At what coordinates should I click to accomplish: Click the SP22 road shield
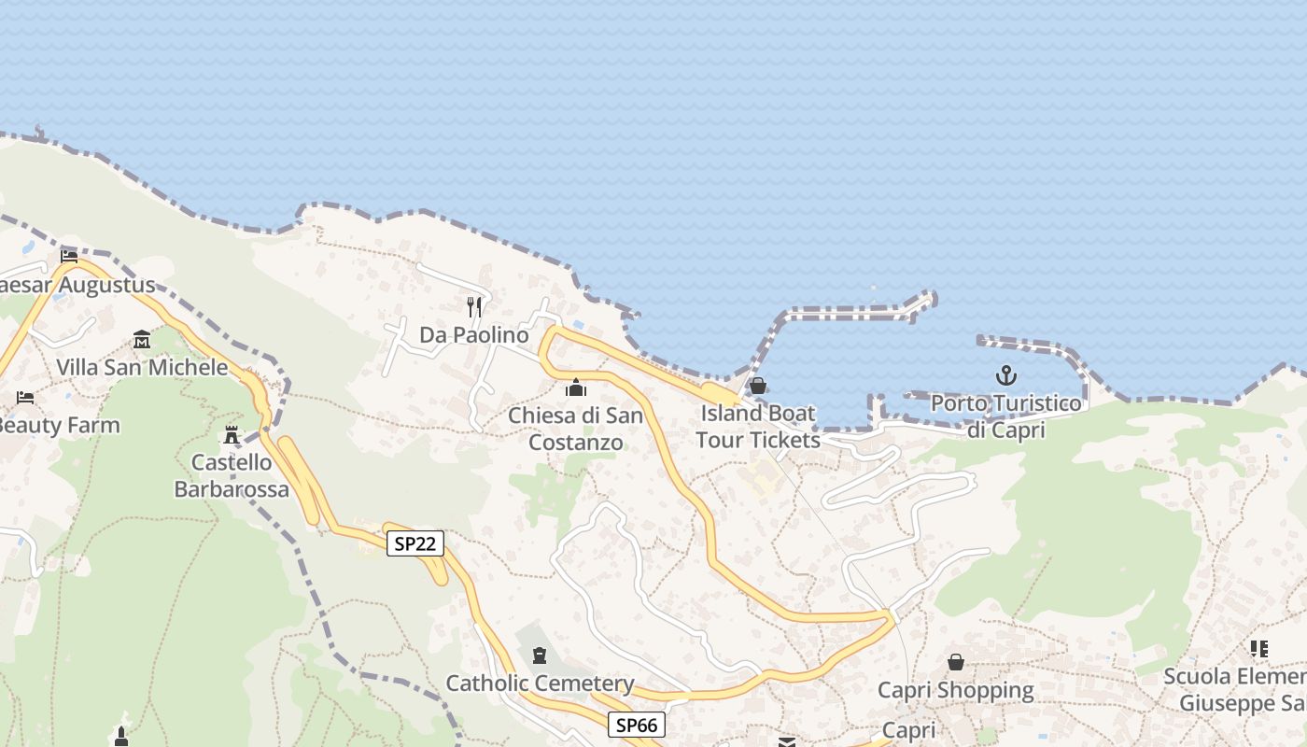(x=415, y=543)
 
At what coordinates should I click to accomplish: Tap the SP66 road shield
(x=637, y=725)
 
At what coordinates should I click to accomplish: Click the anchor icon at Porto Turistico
(x=1005, y=376)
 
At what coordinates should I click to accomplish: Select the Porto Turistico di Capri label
(x=1005, y=416)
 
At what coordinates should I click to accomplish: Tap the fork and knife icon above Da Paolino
(x=474, y=306)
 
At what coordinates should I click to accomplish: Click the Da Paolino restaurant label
(x=473, y=334)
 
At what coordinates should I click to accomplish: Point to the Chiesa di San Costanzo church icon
(x=576, y=387)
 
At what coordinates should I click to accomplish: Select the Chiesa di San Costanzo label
(x=576, y=428)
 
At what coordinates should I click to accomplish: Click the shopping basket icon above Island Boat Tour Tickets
(x=758, y=386)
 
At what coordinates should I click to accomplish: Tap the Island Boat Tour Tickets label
(x=757, y=426)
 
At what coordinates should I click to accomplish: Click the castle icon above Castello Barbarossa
(x=232, y=434)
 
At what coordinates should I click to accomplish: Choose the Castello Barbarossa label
(x=223, y=475)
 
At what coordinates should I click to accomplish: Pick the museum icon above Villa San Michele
(x=142, y=339)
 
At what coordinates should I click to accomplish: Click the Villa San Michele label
(x=142, y=367)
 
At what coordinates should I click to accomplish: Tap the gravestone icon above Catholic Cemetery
(x=540, y=655)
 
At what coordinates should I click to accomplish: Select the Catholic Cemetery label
(x=540, y=684)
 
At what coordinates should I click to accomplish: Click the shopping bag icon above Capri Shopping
(x=956, y=662)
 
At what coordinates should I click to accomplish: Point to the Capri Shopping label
(x=956, y=691)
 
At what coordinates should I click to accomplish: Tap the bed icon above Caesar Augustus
(x=69, y=257)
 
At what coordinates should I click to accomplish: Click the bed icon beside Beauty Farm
(x=25, y=398)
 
